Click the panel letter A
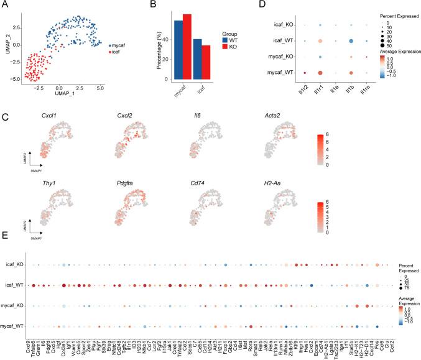5,6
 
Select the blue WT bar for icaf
197,60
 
